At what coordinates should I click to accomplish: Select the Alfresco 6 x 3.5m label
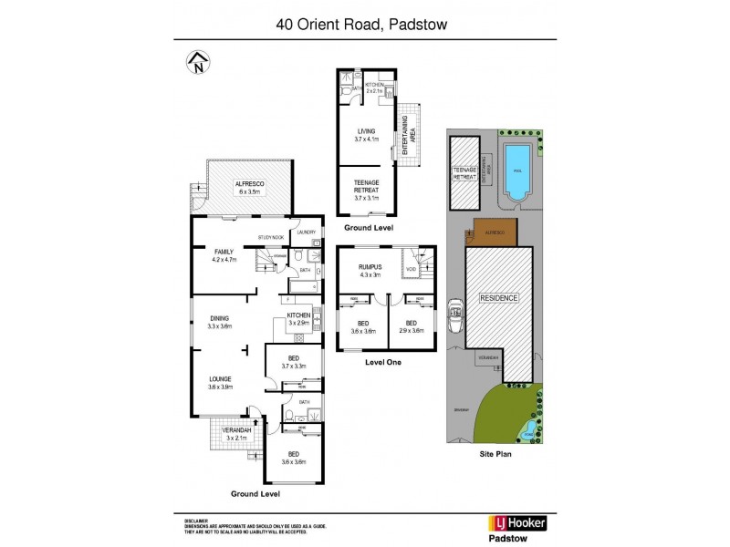[x=248, y=187]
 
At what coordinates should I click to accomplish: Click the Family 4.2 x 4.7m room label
[x=224, y=255]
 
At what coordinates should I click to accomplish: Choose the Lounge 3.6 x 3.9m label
[x=222, y=383]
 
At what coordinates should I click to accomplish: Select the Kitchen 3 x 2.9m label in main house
[x=299, y=319]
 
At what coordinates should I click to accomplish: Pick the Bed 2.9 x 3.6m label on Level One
[x=411, y=327]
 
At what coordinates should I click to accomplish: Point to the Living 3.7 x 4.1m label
[x=366, y=135]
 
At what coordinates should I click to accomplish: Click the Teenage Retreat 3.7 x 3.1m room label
[x=366, y=188]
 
